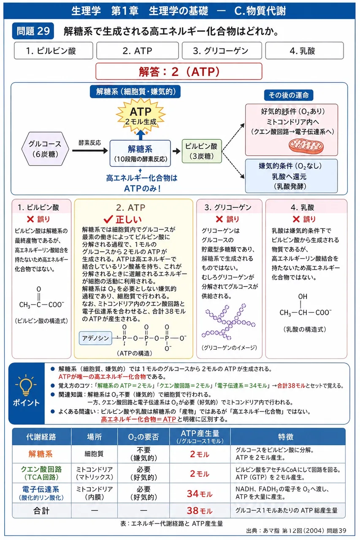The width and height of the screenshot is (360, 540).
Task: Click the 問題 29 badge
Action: (x=33, y=31)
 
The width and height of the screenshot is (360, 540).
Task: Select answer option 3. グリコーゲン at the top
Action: (x=222, y=51)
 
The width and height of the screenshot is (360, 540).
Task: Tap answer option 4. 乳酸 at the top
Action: (x=304, y=51)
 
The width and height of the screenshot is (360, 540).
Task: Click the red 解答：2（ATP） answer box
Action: (x=179, y=71)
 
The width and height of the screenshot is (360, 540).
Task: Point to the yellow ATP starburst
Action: (x=141, y=115)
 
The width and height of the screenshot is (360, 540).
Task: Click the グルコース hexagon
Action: (x=45, y=148)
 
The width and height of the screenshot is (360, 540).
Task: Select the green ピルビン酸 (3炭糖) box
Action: (x=202, y=151)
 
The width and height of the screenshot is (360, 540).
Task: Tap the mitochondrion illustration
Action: (x=306, y=146)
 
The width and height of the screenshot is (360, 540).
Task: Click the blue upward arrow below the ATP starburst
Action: (x=141, y=135)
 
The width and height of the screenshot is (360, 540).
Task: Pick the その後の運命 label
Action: (x=289, y=95)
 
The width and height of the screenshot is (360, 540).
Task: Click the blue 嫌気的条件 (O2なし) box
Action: (x=291, y=176)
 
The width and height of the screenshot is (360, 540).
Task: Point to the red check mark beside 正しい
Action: (x=108, y=219)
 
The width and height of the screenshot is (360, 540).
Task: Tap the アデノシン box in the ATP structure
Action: (x=95, y=338)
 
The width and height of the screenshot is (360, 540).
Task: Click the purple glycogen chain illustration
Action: (x=228, y=322)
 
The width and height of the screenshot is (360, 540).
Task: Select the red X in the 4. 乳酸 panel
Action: (x=296, y=219)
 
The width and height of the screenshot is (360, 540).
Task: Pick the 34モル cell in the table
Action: (x=200, y=494)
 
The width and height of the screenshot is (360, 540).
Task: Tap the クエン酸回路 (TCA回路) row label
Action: (x=41, y=473)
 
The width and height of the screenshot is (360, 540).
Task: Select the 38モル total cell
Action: (x=200, y=510)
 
